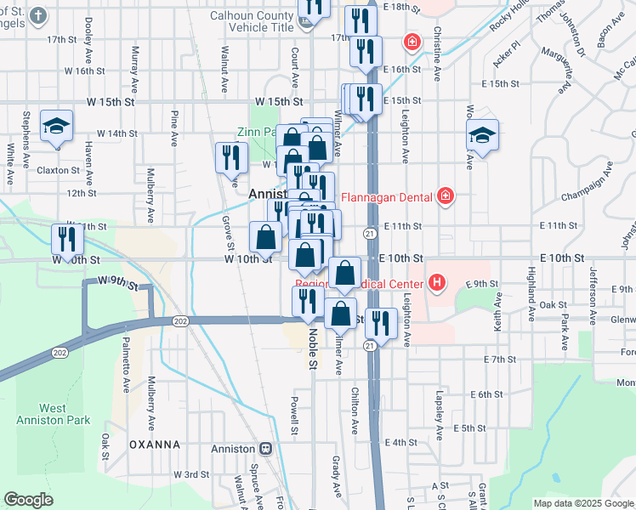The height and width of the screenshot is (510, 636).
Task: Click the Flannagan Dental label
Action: pyautogui.click(x=388, y=198)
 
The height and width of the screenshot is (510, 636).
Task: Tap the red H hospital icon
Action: pyautogui.click(x=437, y=281)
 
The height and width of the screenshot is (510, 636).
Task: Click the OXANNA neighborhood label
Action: pyautogui.click(x=155, y=444)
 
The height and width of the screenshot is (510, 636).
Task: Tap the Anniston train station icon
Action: pyautogui.click(x=266, y=448)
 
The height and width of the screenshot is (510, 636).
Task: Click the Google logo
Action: pyautogui.click(x=28, y=500)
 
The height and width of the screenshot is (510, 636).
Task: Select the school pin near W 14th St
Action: pyautogui.click(x=57, y=129)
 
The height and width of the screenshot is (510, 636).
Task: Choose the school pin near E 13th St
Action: pyautogui.click(x=482, y=136)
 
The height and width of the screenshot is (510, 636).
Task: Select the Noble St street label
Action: pyautogui.click(x=312, y=349)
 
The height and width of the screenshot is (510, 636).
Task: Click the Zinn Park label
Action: pyautogui.click(x=256, y=133)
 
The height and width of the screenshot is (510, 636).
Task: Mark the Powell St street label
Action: pyautogui.click(x=294, y=412)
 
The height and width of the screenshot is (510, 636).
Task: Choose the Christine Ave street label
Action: pyautogui.click(x=437, y=54)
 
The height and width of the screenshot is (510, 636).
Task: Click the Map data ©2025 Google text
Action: pyautogui.click(x=582, y=503)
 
